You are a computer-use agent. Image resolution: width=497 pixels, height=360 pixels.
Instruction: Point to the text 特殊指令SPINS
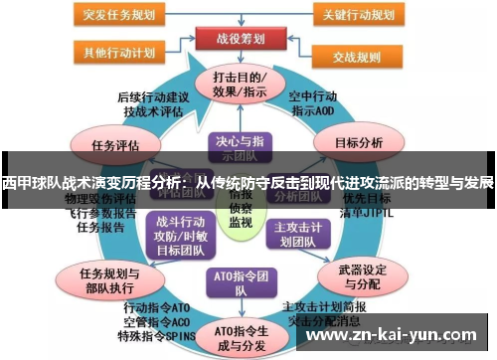[x=153, y=337]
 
